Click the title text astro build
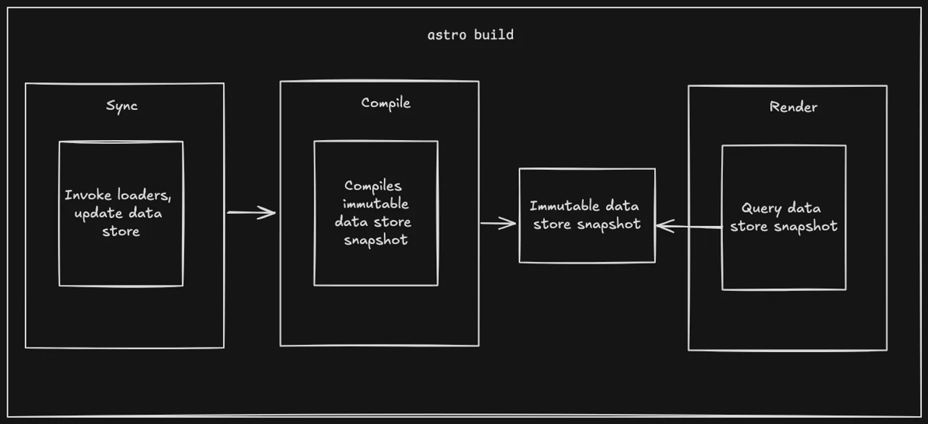coord(470,34)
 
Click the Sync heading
coord(122,106)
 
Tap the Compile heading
coord(385,103)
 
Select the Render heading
coord(793,107)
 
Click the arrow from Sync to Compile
coord(251,213)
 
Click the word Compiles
coord(373,186)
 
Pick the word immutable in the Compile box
coord(375,204)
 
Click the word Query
coord(762,209)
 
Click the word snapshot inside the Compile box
coord(376,240)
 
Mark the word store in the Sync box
coord(121,231)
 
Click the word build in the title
coord(494,34)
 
